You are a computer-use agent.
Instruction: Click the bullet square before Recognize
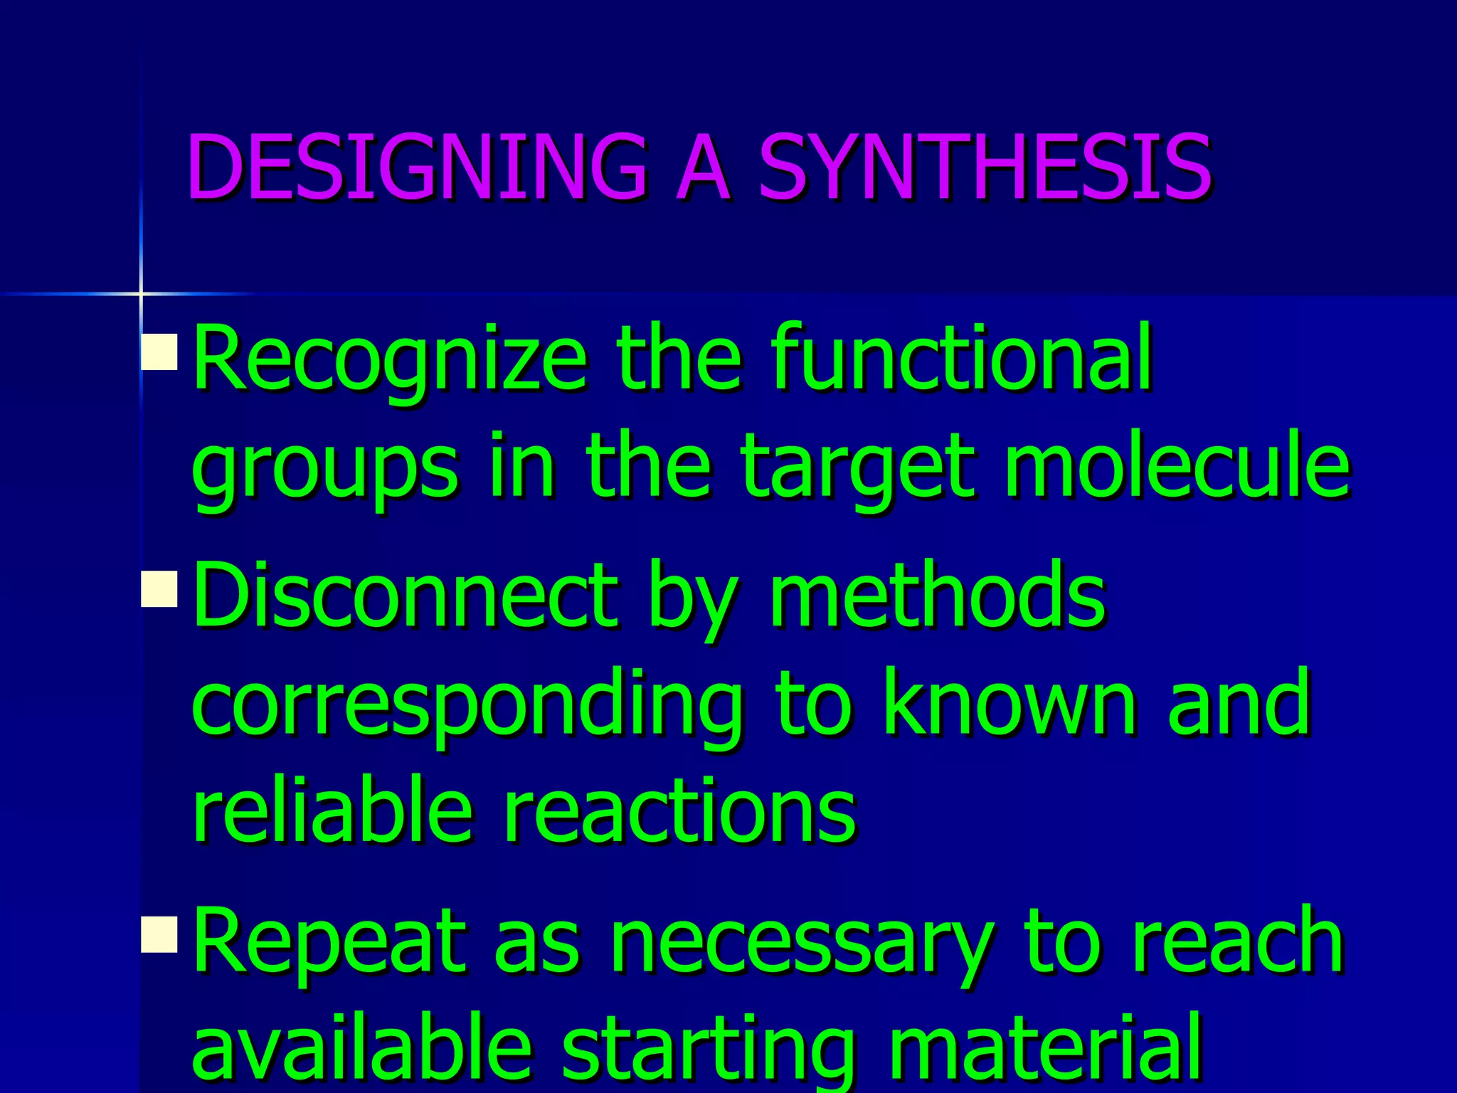pos(159,352)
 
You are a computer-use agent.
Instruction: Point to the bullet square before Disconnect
pos(159,589)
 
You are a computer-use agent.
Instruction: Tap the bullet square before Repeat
pos(159,934)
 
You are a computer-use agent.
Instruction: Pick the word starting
pos(709,1050)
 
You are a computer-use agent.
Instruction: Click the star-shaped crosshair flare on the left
pos(141,293)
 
